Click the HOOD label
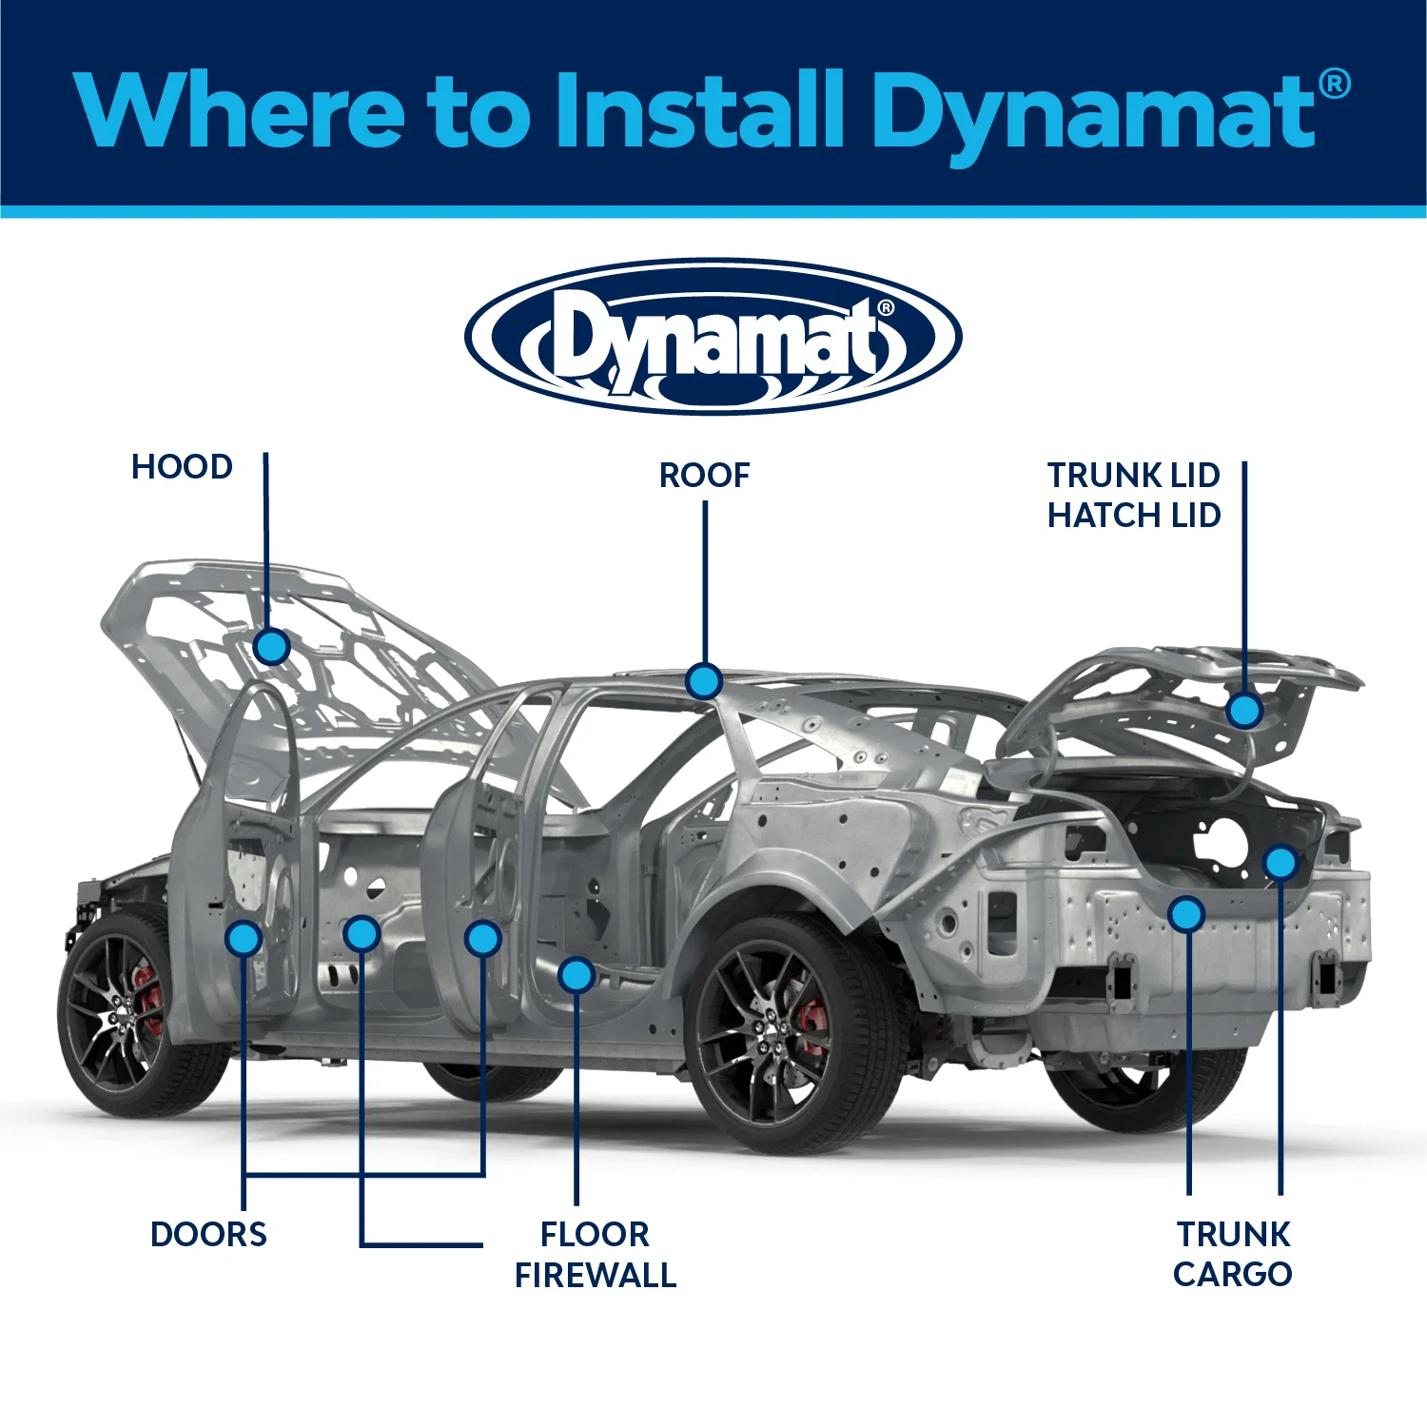182,467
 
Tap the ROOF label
705,475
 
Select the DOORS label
209,1234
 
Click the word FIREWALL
596,1275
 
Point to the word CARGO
1233,1274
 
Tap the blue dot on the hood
272,647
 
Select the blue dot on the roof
704,681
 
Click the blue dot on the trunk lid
1244,710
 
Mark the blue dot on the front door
244,939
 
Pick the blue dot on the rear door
483,939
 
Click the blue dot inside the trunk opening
1280,863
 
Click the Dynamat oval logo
713,337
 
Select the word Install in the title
699,109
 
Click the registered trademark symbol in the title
1335,84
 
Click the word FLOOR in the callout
595,1234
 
